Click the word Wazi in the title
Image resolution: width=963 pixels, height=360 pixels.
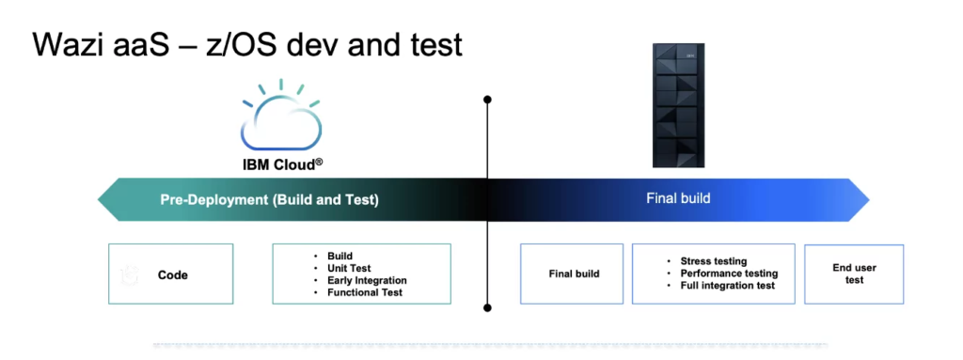(69, 45)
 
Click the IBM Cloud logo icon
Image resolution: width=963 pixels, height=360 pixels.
(280, 116)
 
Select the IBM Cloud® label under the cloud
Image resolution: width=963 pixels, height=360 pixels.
(282, 164)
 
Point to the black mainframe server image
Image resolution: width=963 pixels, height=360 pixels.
(678, 105)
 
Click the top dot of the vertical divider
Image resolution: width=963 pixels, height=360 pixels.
(488, 99)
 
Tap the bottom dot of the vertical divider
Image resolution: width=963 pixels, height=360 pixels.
(488, 307)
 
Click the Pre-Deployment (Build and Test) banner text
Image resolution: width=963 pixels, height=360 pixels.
(270, 200)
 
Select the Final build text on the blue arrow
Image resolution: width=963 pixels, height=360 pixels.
(678, 198)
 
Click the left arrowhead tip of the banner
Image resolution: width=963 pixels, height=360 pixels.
(98, 199)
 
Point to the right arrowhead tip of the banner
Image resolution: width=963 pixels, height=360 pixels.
(869, 199)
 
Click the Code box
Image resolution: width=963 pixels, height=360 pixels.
(171, 274)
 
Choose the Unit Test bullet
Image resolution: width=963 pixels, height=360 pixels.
(349, 268)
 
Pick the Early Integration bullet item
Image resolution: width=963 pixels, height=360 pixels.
(367, 280)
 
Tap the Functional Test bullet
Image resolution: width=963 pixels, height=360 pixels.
(365, 292)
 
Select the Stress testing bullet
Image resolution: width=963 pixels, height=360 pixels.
(714, 261)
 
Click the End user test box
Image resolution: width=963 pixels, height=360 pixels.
(854, 274)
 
